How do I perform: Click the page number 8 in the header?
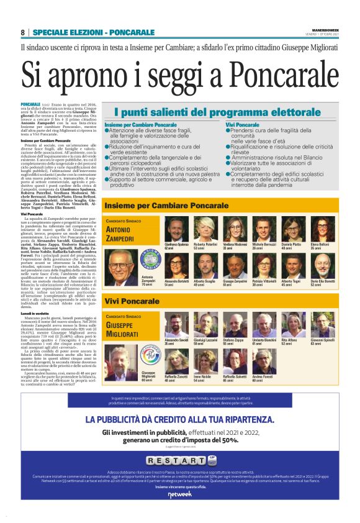23,32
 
